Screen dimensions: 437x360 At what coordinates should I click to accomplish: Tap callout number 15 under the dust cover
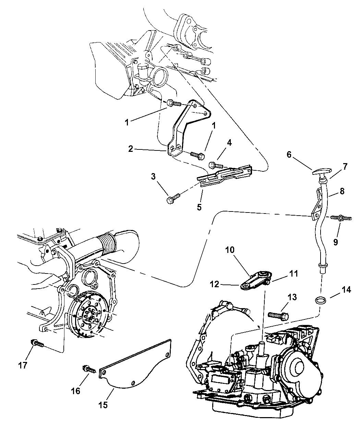pyautogui.click(x=103, y=405)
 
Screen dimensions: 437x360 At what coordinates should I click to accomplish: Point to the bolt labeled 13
pyautogui.click(x=278, y=314)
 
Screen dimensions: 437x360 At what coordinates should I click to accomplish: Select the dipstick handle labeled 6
pyautogui.click(x=322, y=172)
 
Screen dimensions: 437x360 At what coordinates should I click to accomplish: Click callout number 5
pyautogui.click(x=200, y=207)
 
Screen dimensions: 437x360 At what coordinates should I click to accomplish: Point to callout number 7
pyautogui.click(x=344, y=167)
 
